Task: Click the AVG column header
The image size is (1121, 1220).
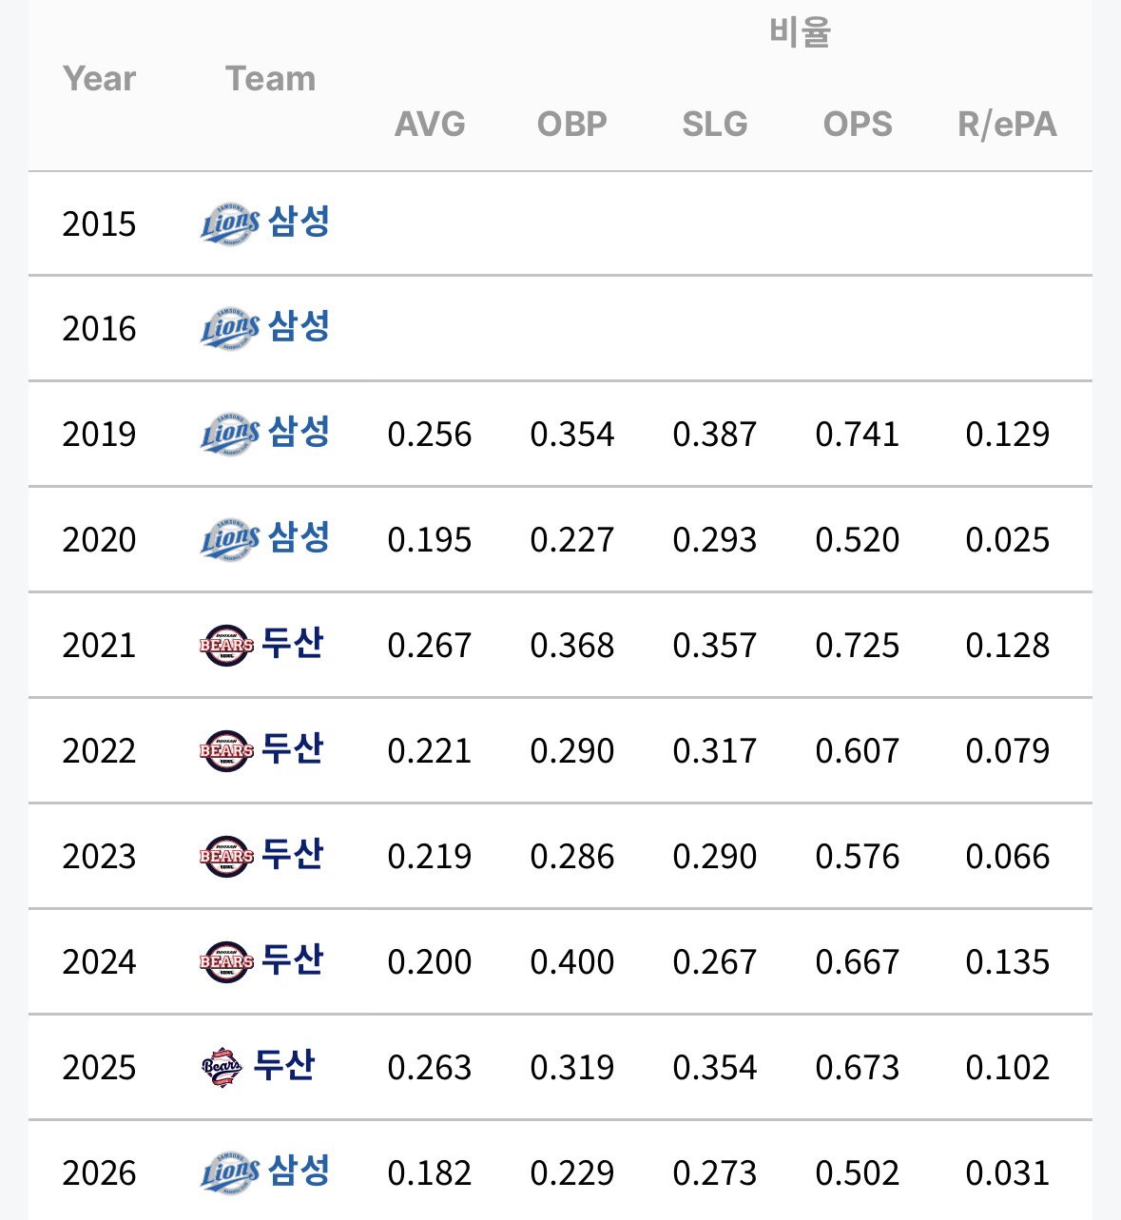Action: pos(430,124)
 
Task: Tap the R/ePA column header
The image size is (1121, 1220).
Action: pos(1007,125)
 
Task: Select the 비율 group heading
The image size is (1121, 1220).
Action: pos(800,31)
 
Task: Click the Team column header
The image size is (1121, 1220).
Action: pos(271,79)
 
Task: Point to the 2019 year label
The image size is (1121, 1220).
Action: pos(99,435)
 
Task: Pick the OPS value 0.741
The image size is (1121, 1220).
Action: pos(857,435)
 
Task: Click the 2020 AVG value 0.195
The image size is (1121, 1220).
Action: pos(430,539)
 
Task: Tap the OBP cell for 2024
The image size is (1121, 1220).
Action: pos(571,961)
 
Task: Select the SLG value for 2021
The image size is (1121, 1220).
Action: pos(715,645)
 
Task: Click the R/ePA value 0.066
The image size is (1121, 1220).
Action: pos(1007,857)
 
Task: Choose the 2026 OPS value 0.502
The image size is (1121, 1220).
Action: pos(857,1172)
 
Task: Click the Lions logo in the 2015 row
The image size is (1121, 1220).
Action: pos(230,223)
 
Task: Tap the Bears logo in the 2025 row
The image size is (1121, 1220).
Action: pos(222,1067)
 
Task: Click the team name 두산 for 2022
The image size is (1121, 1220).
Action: pos(292,748)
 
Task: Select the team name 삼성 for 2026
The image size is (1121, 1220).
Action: pos(299,1171)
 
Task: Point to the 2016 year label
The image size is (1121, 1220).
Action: pos(99,328)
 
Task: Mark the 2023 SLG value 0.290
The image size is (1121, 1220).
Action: pos(715,857)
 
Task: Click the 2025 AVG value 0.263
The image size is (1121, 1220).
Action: pos(430,1067)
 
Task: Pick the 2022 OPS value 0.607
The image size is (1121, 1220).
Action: pos(857,750)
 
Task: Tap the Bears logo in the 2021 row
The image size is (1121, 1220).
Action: pos(226,645)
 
